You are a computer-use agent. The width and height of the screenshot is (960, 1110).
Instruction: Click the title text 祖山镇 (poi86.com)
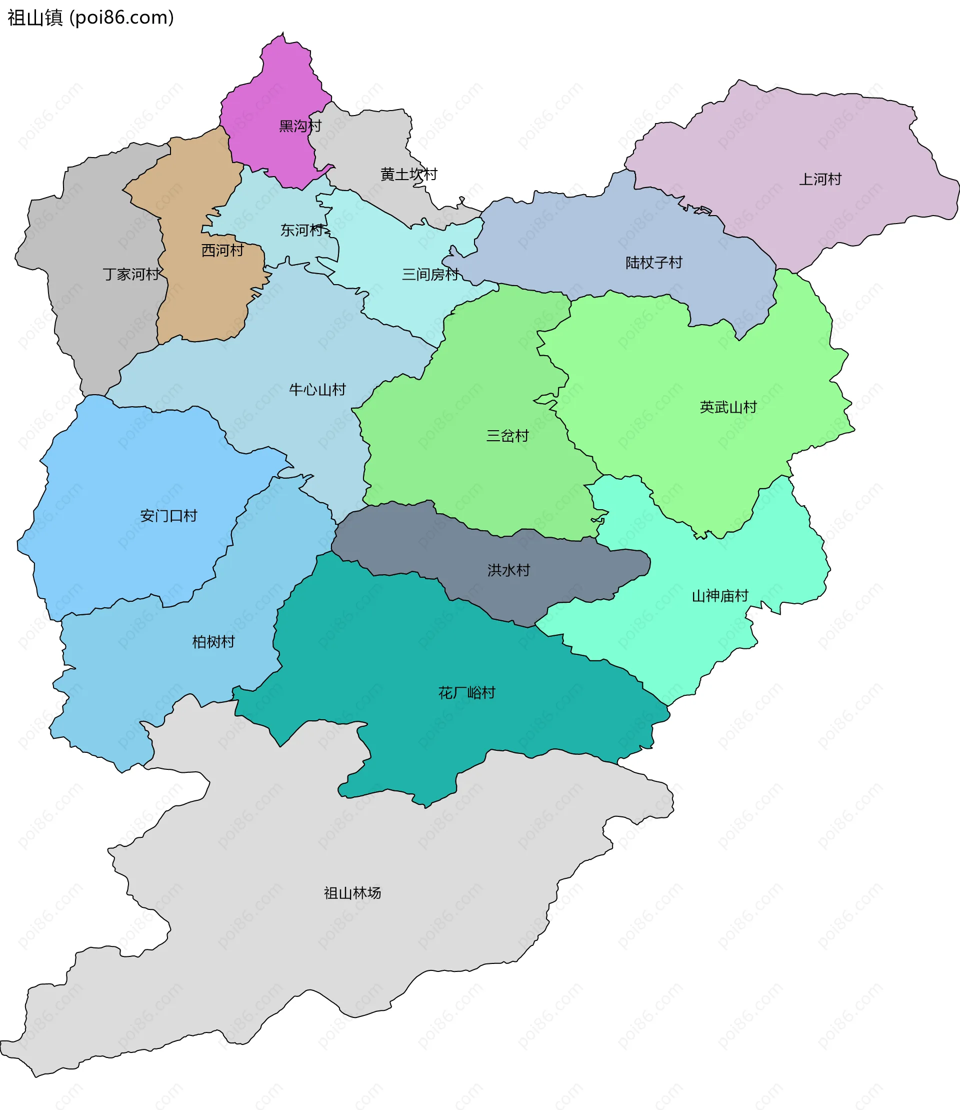click(x=90, y=18)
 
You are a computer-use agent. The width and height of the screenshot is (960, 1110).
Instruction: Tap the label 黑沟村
click(x=300, y=126)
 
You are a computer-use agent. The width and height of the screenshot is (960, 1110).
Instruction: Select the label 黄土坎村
click(x=409, y=174)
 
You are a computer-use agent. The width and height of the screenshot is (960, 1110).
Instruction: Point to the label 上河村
click(x=819, y=179)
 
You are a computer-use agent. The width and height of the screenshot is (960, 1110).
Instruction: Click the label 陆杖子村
click(x=653, y=263)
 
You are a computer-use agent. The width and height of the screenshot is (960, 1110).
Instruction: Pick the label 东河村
click(x=301, y=230)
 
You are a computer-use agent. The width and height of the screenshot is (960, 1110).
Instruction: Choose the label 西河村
click(x=222, y=250)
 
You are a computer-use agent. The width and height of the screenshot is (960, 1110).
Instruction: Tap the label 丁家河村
click(x=131, y=275)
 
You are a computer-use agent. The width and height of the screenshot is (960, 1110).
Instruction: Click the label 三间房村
click(x=430, y=275)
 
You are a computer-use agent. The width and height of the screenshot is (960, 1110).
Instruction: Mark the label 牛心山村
click(x=317, y=390)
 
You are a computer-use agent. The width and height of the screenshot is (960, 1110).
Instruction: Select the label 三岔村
click(x=507, y=436)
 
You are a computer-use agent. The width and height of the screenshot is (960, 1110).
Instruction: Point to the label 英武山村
click(x=728, y=407)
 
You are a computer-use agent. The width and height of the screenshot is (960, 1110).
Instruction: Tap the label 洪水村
click(x=508, y=570)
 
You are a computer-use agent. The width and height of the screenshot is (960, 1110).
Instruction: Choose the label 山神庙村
click(x=719, y=596)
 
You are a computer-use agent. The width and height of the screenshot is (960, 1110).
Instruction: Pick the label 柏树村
click(x=213, y=642)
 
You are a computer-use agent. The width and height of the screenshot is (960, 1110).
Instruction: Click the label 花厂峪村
click(x=466, y=693)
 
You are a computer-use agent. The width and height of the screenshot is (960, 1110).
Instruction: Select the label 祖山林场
click(x=352, y=893)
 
